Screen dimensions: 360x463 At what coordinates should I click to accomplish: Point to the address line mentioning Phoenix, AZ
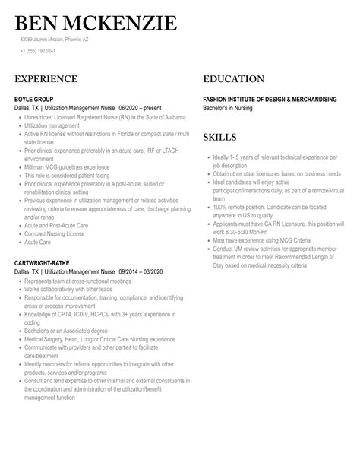tap(55, 39)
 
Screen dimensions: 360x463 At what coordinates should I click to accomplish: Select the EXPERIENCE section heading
tap(46, 78)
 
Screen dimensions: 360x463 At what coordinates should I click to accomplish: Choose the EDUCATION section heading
tap(234, 78)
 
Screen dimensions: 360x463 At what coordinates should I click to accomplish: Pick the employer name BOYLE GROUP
tap(35, 99)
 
